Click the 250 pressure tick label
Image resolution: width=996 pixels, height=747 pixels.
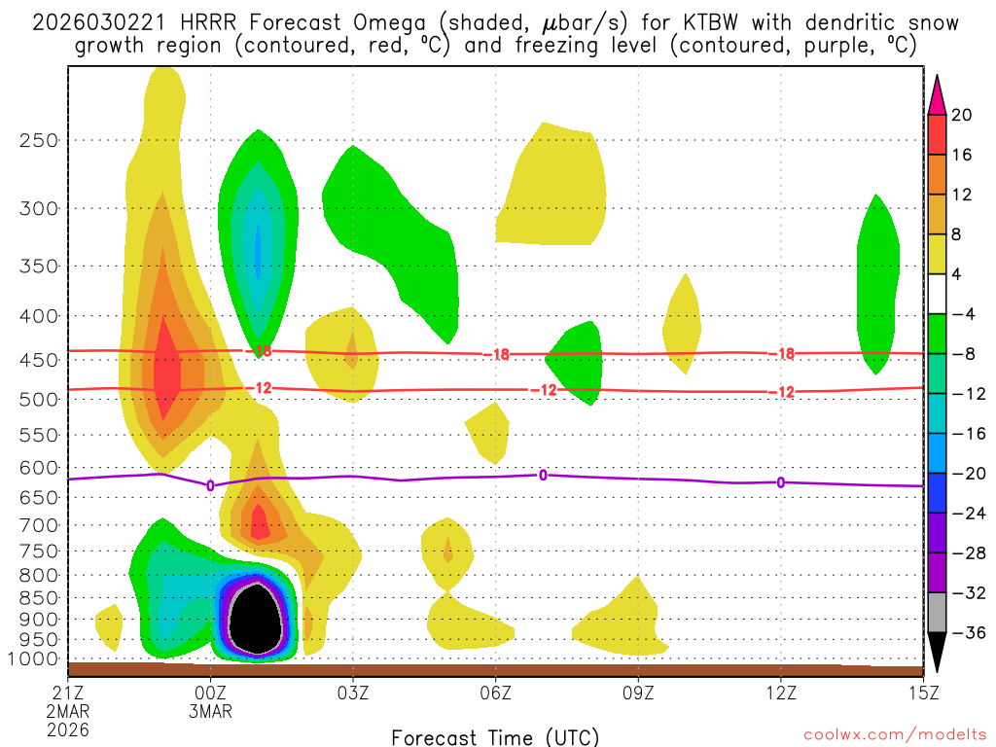(39, 140)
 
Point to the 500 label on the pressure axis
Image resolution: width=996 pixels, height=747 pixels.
(39, 400)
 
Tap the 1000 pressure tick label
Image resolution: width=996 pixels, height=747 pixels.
(35, 659)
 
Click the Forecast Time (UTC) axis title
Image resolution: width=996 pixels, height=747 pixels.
(495, 736)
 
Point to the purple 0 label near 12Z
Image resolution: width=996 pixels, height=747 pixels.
(781, 481)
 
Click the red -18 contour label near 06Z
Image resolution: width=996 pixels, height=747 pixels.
(500, 355)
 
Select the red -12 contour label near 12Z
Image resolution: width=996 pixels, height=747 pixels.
(784, 392)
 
